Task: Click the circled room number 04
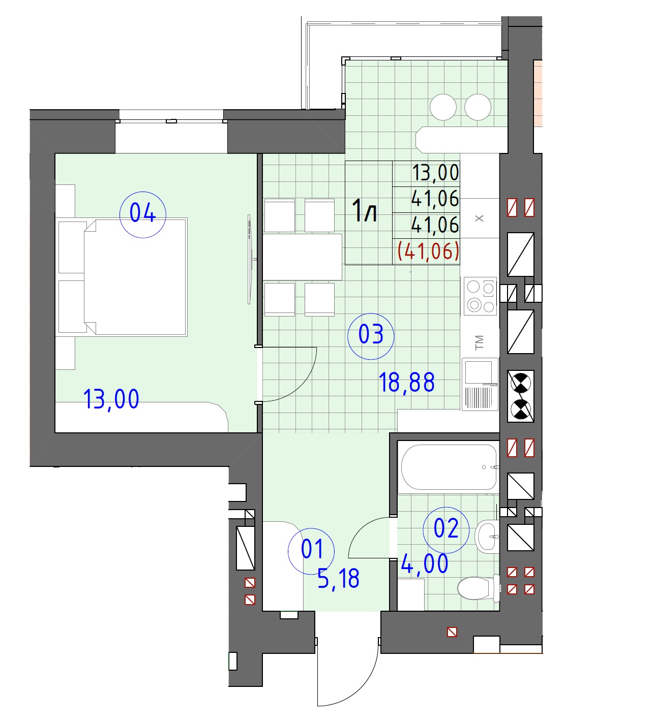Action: pos(143,214)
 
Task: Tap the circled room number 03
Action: pos(371,336)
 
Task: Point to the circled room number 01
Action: pos(311,551)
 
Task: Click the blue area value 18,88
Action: pos(406,382)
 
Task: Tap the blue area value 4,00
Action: pos(425,563)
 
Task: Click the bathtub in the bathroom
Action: pos(449,467)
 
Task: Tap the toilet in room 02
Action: pos(479,587)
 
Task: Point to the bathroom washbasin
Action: pos(487,536)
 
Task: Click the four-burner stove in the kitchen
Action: pos(480,296)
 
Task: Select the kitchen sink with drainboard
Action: pos(480,385)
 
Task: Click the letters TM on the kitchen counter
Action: pos(479,342)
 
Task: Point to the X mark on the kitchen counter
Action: pos(479,218)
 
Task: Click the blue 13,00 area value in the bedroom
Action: pos(111,399)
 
